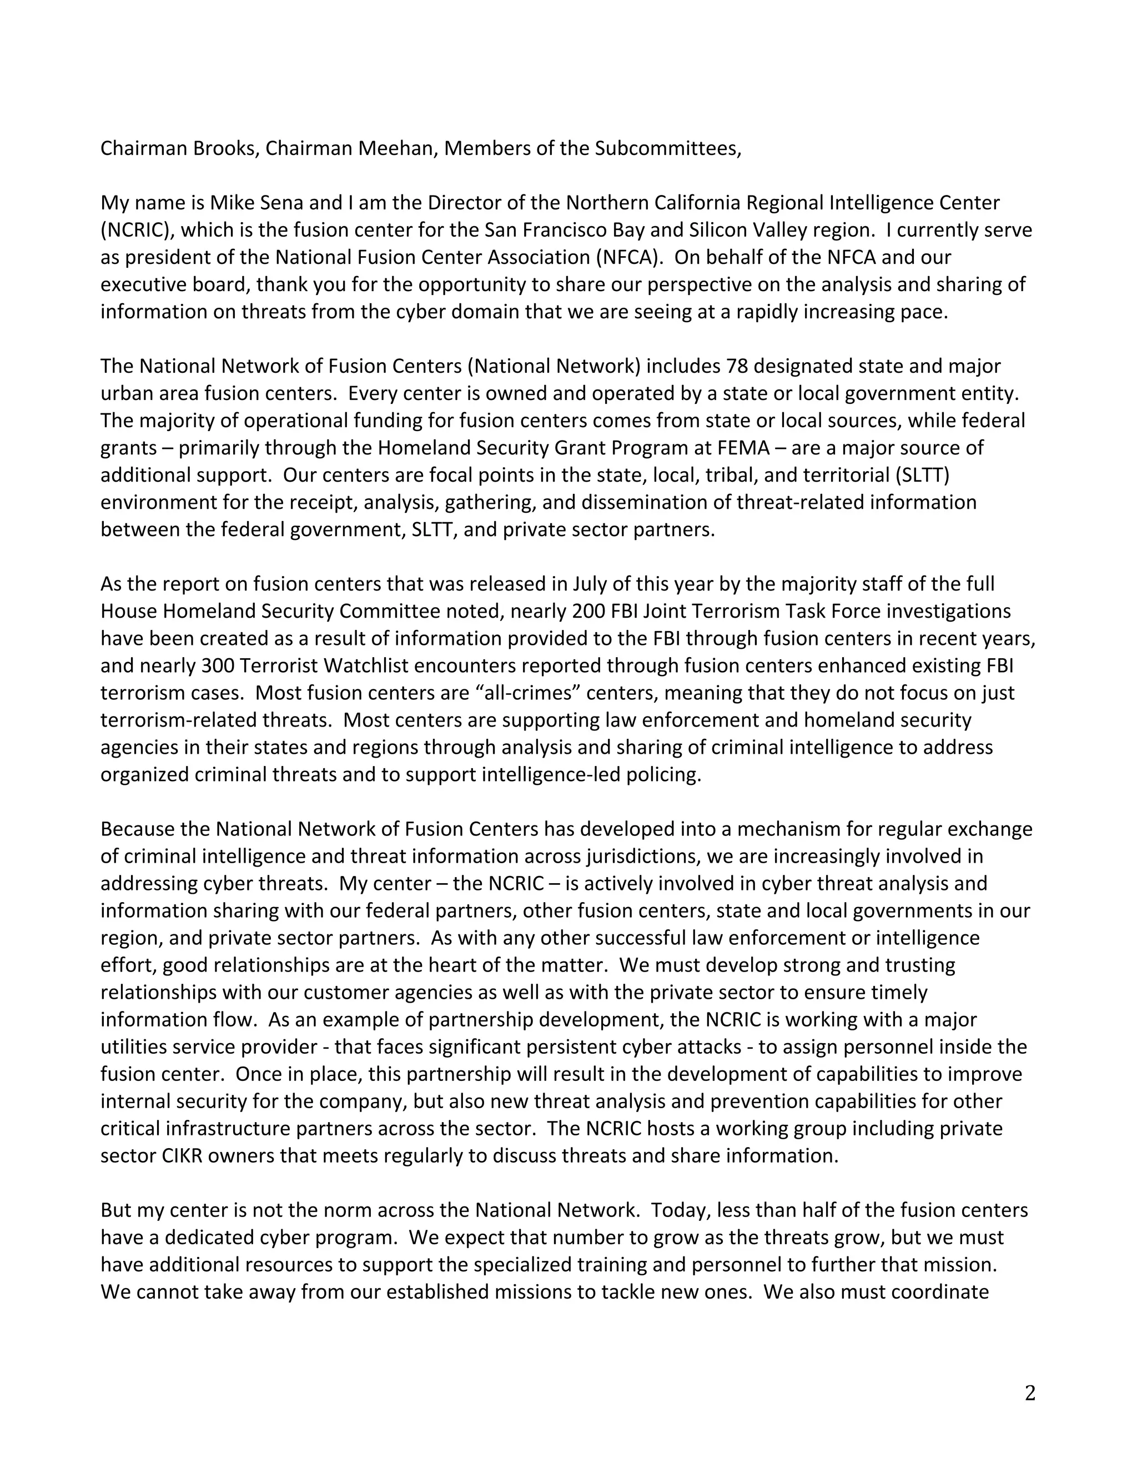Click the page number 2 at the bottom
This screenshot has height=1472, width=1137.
1029,1393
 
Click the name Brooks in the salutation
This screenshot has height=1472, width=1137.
225,148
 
